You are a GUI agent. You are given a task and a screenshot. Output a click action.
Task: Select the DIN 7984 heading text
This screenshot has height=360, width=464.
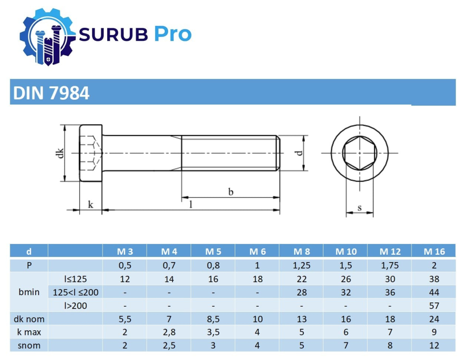(x=51, y=93)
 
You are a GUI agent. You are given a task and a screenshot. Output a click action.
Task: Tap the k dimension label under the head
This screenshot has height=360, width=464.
(x=90, y=204)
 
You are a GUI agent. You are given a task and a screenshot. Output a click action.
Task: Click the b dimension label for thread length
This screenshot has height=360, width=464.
(x=230, y=192)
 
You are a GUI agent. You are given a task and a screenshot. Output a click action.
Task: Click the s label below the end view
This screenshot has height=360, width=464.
(x=360, y=208)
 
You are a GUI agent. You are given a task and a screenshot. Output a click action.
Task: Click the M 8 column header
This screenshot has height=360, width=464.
(x=302, y=251)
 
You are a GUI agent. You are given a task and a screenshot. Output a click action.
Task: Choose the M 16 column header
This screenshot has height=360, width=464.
(x=434, y=251)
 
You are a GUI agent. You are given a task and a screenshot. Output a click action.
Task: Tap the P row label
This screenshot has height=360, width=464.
(x=29, y=266)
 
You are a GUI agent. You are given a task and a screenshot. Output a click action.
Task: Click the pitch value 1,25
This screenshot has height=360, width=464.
(x=302, y=266)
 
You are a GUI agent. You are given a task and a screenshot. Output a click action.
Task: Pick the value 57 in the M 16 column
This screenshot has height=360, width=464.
(x=434, y=306)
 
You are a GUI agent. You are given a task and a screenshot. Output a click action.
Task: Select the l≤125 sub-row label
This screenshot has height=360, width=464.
(x=76, y=279)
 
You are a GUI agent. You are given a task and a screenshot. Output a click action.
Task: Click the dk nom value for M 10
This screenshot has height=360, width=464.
(x=346, y=319)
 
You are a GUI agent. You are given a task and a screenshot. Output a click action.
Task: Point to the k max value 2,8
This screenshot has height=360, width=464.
(x=169, y=332)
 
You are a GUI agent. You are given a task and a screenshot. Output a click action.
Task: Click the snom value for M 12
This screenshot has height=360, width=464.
(x=390, y=346)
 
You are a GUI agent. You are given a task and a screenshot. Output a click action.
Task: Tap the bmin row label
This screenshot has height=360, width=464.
(x=29, y=293)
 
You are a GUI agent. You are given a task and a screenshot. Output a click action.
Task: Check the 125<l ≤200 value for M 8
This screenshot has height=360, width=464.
(x=302, y=293)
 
